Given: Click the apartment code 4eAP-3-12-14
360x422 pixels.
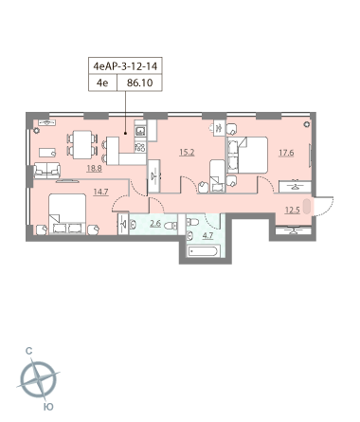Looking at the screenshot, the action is tap(125, 66).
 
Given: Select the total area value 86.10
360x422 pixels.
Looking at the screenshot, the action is tap(139, 83).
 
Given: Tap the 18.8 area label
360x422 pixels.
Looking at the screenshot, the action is tap(94, 169).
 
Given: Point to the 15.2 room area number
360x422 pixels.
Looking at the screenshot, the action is tap(187, 153).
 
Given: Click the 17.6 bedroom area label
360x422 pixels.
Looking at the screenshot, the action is tap(286, 153).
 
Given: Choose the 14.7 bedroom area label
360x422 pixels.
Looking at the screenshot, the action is tap(101, 192).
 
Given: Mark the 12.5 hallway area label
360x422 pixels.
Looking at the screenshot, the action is tap(292, 211).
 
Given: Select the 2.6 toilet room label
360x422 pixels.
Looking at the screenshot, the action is tap(155, 224).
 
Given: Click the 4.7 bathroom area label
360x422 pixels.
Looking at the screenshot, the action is tap(207, 236).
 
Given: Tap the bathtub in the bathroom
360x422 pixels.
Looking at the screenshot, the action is tap(203, 252).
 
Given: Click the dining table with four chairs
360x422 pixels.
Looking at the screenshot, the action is tap(82, 144).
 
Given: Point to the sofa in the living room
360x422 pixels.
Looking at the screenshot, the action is tap(47, 171).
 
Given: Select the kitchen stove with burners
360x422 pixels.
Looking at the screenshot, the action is tap(140, 147).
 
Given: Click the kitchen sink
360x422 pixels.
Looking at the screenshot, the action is tap(140, 130).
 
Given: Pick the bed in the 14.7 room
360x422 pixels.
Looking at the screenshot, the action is tap(67, 214).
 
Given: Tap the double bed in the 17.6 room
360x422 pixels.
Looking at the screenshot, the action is tap(247, 155).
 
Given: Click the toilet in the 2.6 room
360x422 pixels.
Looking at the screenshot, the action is tap(171, 226).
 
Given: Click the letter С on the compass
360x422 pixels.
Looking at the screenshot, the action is tap(29, 351).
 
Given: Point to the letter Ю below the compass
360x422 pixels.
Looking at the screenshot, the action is tap(48, 407).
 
